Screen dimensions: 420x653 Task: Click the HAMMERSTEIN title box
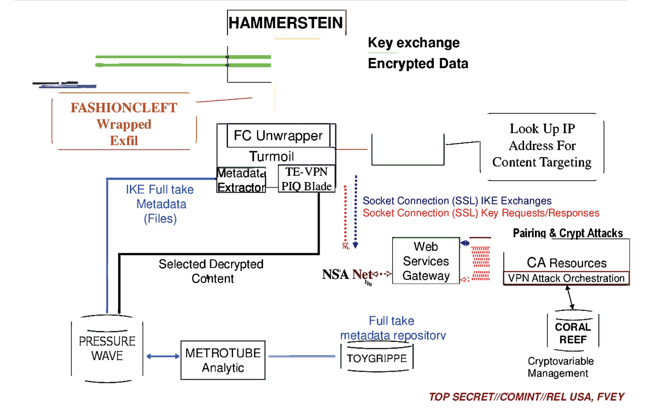point(286,23)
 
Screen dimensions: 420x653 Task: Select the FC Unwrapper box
point(278,135)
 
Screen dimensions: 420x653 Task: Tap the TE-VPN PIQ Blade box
point(306,179)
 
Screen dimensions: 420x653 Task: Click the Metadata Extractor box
point(241,180)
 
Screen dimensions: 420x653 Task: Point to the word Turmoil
point(271,156)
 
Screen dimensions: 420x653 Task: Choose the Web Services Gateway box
point(426,261)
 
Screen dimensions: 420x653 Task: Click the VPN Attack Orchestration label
point(566,278)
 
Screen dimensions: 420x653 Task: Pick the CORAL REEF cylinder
point(573,333)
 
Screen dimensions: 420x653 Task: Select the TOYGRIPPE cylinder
point(377,358)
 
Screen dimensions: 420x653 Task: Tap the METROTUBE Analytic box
point(223,360)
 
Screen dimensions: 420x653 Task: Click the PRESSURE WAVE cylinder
point(107,348)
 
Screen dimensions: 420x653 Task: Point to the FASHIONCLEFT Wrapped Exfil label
point(124,124)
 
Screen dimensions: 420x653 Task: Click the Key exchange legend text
point(414,43)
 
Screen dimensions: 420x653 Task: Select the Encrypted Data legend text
point(418,63)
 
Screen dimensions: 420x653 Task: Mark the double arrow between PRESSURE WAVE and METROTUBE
point(163,356)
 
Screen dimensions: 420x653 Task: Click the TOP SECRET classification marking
point(526,397)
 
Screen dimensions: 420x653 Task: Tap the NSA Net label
point(347,275)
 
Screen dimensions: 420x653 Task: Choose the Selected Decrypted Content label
point(211,271)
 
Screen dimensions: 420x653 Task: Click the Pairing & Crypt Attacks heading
point(568,233)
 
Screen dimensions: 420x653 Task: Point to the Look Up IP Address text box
point(542,146)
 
